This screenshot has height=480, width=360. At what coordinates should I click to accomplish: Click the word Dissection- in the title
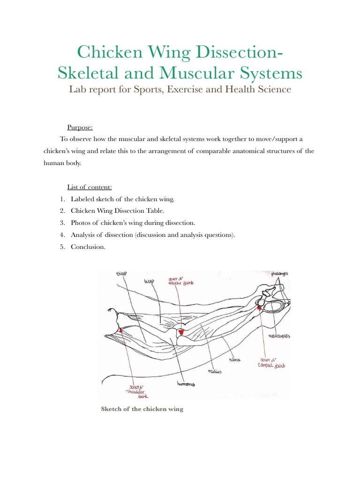click(235, 52)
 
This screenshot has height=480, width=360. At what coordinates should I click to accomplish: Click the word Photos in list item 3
click(81, 223)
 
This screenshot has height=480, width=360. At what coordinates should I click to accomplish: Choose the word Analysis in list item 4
click(84, 235)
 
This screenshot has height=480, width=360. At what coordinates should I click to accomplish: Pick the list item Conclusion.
click(88, 247)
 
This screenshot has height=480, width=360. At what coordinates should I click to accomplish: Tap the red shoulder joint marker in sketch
click(121, 331)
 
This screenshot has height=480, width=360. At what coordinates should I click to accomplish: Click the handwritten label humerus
click(186, 384)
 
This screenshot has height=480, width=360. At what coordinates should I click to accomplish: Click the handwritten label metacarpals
click(277, 336)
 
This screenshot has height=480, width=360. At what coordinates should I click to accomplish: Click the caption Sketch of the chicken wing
click(142, 409)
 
